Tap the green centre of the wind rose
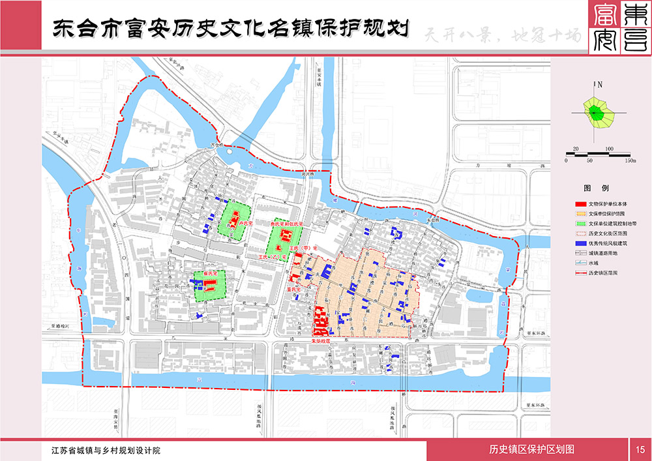(595, 112)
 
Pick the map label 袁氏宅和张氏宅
(287, 224)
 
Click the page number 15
(640, 449)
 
